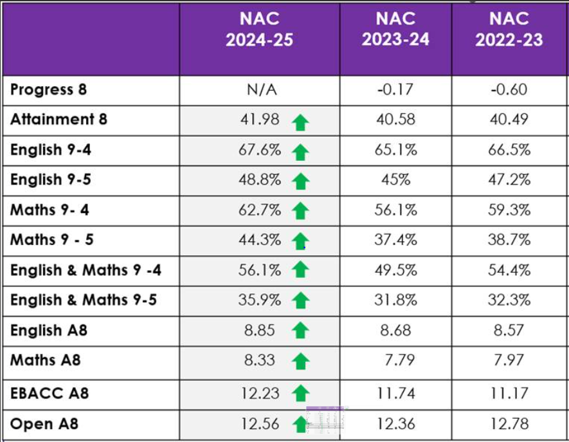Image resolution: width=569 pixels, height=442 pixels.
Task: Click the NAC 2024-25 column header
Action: tap(259, 30)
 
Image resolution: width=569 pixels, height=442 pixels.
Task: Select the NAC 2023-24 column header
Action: tap(395, 30)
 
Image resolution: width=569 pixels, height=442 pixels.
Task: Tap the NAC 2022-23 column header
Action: tap(509, 30)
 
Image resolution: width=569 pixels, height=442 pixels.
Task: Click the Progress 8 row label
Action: tap(48, 89)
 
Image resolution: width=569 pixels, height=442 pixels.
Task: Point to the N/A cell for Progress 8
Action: tap(262, 90)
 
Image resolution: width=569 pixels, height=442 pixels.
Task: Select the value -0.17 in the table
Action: tap(395, 90)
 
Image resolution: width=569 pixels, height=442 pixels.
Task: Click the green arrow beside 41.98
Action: tap(300, 122)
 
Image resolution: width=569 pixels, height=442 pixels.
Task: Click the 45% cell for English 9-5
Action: tap(395, 180)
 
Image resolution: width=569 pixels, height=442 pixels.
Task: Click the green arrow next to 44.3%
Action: tap(300, 242)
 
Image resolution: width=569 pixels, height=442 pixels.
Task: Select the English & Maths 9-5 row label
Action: tap(84, 300)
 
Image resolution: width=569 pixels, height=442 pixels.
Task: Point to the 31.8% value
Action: tap(395, 300)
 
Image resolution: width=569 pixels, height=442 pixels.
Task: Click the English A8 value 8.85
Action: tap(260, 331)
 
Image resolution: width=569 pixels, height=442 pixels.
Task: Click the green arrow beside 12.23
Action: tap(300, 392)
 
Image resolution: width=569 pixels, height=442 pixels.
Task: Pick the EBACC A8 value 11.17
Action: tap(509, 391)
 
